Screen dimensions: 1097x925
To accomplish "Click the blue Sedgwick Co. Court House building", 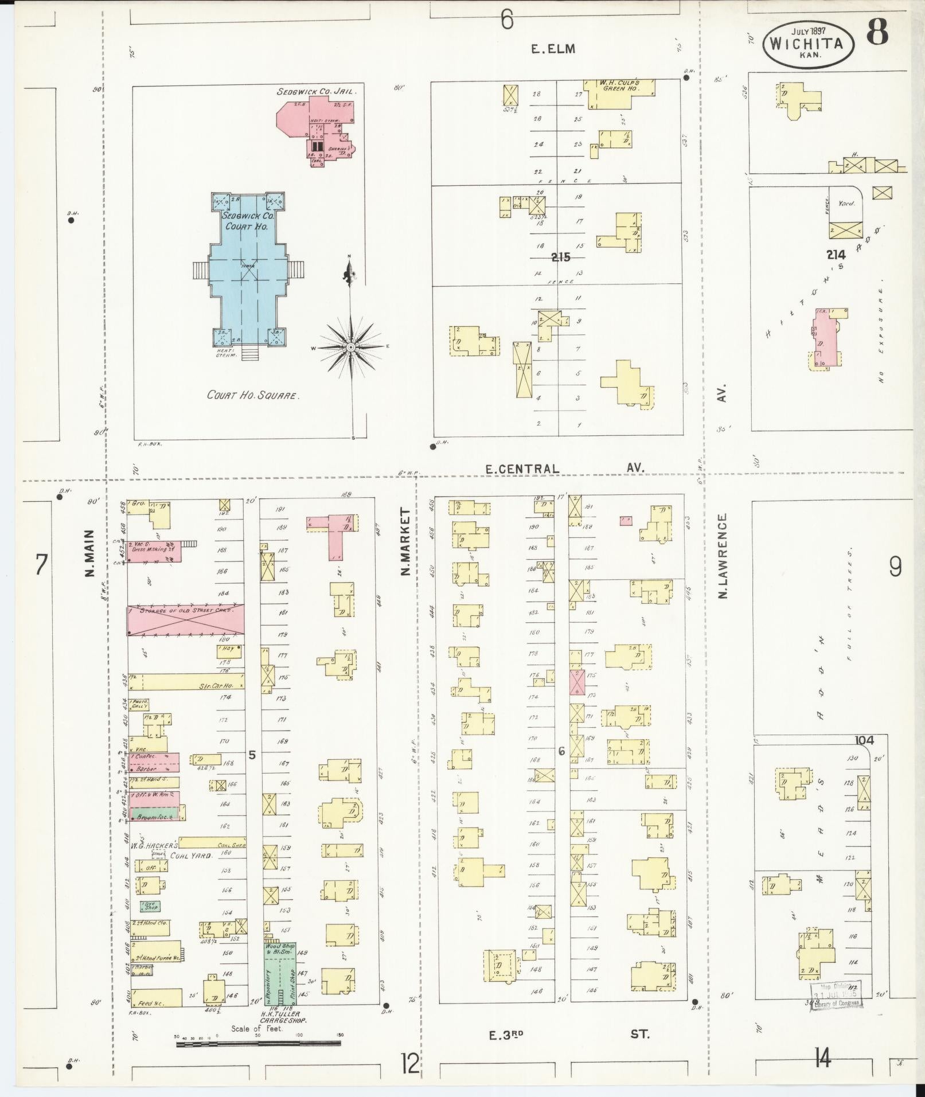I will (248, 270).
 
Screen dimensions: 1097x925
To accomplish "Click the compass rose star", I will (350, 347).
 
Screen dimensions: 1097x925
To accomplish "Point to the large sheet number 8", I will (877, 32).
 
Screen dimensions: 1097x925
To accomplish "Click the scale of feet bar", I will (258, 1044).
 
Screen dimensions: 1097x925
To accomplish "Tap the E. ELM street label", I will (552, 49).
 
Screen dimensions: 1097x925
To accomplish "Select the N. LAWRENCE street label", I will (723, 556).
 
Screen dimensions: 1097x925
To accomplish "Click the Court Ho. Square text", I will (253, 395).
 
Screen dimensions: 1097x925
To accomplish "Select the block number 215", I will (560, 257).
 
